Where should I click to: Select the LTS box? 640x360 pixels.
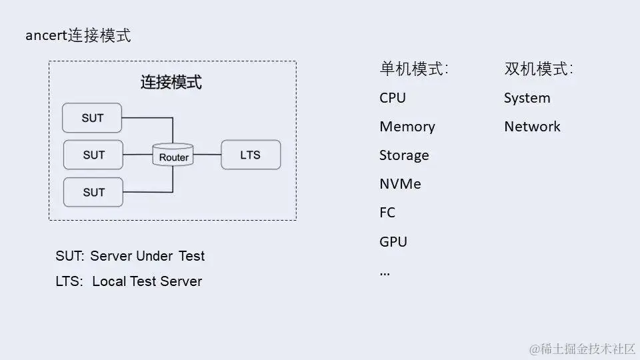[x=251, y=155]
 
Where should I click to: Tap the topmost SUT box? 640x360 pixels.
[x=93, y=118]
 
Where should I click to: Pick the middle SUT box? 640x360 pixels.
[x=93, y=155]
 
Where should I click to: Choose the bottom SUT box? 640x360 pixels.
[x=93, y=192]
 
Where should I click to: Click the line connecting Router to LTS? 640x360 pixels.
[x=207, y=155]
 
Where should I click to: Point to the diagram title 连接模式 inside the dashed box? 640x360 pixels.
[x=171, y=83]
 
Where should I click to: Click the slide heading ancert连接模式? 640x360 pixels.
[x=78, y=36]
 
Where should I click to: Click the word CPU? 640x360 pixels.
[x=393, y=98]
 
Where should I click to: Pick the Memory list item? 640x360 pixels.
[x=407, y=127]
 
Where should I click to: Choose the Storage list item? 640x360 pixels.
[x=404, y=155]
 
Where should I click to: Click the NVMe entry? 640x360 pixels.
[x=400, y=184]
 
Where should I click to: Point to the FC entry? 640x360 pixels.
[x=387, y=213]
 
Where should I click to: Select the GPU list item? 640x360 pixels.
[x=393, y=241]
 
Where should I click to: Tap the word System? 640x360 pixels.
[x=527, y=98]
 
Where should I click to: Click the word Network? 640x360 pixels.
[x=532, y=127]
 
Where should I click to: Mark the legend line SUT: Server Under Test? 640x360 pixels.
[x=130, y=256]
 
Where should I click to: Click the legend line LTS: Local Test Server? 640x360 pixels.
[x=129, y=281]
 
